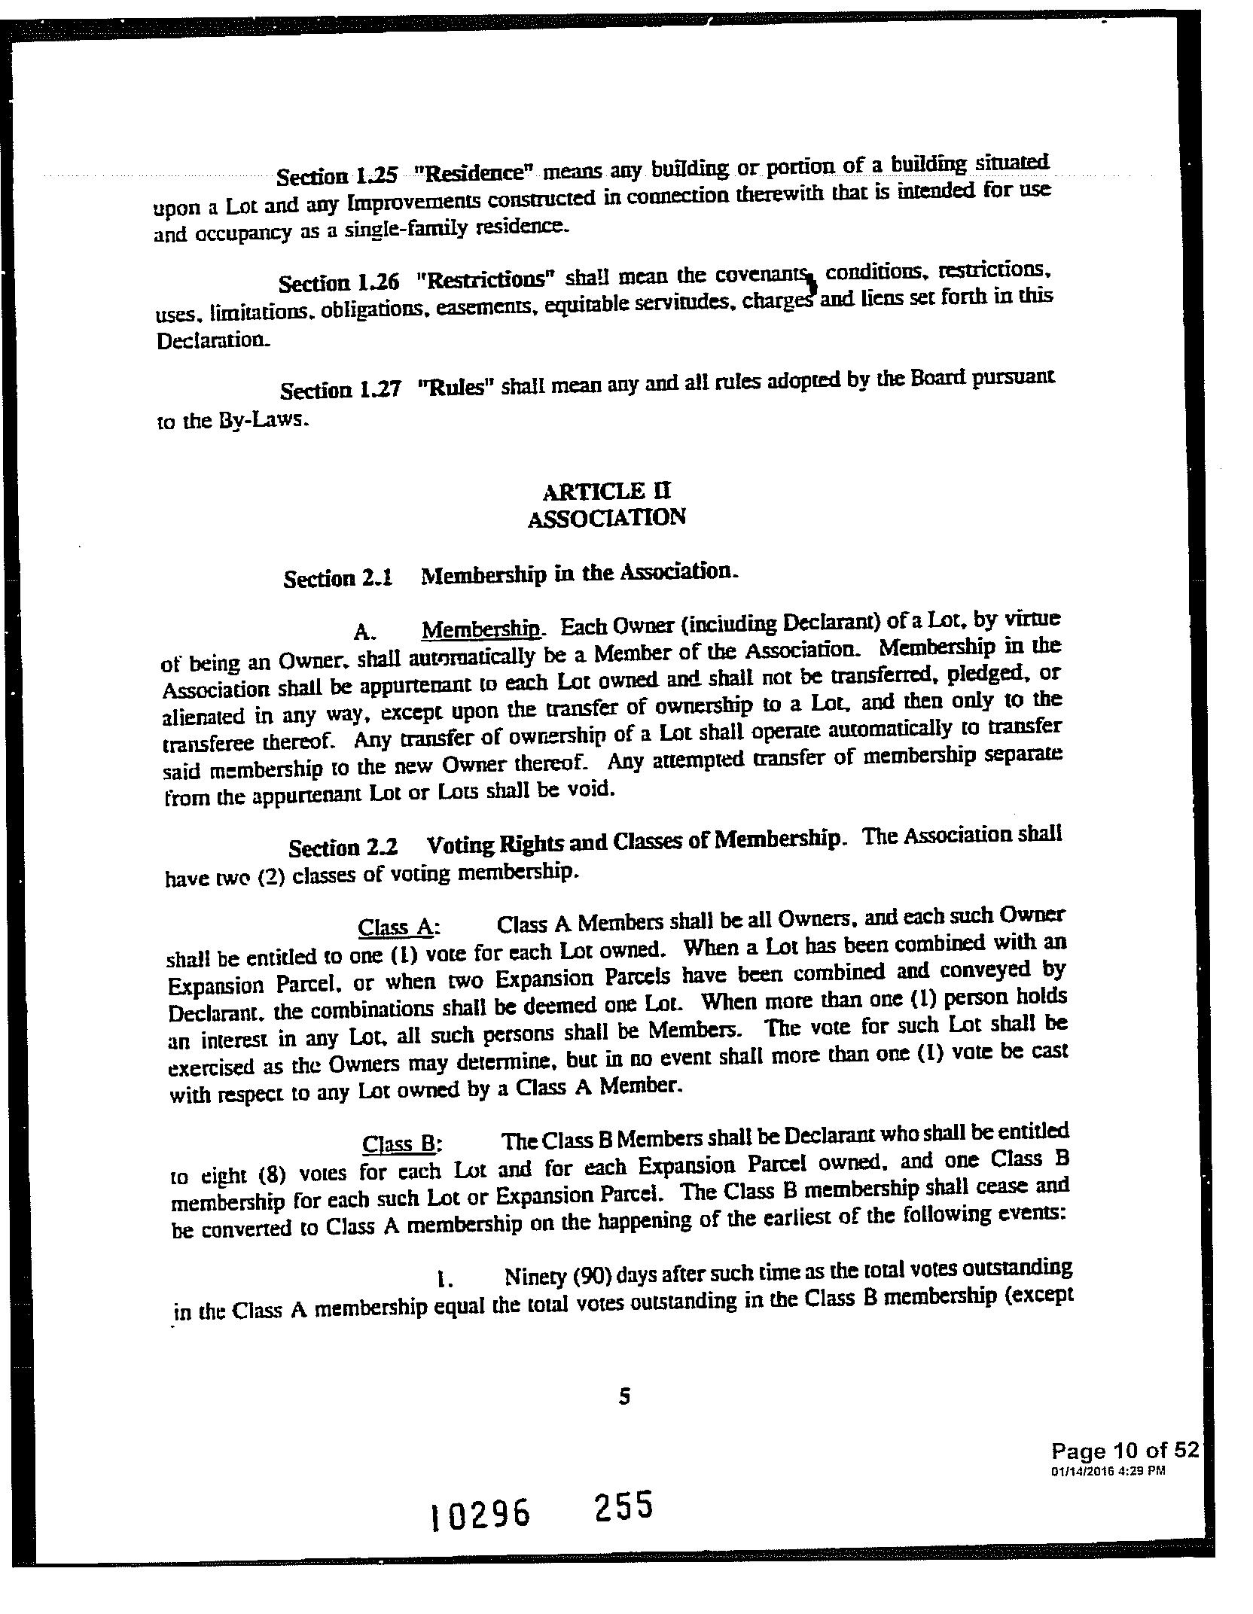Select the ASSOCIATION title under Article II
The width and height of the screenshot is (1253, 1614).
pyautogui.click(x=607, y=518)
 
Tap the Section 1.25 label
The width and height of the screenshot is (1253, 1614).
pyautogui.click(x=336, y=176)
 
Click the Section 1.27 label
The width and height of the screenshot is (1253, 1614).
pyautogui.click(x=339, y=390)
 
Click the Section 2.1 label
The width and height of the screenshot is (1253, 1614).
pyautogui.click(x=338, y=578)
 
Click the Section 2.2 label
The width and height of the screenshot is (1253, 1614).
pyautogui.click(x=344, y=848)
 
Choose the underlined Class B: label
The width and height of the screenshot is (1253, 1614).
pyautogui.click(x=401, y=1144)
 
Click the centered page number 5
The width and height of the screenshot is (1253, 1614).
pyautogui.click(x=623, y=1398)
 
